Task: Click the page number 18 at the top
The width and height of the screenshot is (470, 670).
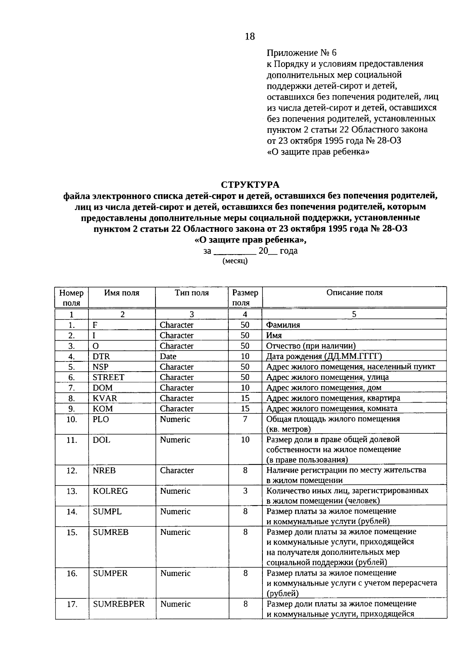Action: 249,36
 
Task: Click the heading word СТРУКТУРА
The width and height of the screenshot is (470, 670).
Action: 250,184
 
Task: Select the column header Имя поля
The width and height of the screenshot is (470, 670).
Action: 122,293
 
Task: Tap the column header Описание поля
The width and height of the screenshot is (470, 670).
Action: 354,293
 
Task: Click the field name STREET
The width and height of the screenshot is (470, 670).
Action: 108,377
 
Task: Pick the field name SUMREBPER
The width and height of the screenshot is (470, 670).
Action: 119,604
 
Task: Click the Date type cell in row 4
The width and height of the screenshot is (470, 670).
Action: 168,356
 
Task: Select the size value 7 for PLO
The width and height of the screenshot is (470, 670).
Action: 245,419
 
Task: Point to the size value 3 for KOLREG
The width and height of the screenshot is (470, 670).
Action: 245,491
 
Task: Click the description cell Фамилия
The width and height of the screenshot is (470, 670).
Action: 283,325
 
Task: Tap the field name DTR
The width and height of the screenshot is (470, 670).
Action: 101,356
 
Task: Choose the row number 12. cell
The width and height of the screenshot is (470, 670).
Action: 72,470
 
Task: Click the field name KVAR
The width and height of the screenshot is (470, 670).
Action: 105,398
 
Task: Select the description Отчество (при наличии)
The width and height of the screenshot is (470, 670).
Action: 311,346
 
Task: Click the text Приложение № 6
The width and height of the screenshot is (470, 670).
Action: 302,52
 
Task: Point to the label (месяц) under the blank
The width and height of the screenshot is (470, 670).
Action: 235,261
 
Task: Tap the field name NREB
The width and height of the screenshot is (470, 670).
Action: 104,470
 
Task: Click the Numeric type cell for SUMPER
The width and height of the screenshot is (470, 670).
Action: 175,573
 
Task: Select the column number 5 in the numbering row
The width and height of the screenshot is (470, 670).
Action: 354,314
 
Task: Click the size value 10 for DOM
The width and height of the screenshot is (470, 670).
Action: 245,388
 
